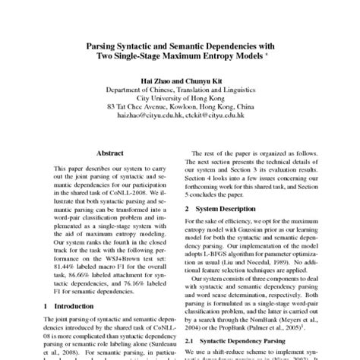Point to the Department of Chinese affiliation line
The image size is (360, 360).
pyautogui.click(x=179, y=89)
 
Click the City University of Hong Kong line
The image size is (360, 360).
pyautogui.click(x=179, y=98)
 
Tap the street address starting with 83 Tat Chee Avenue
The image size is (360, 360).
pyautogui.click(x=179, y=107)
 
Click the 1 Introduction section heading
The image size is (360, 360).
pyautogui.click(x=73, y=305)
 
